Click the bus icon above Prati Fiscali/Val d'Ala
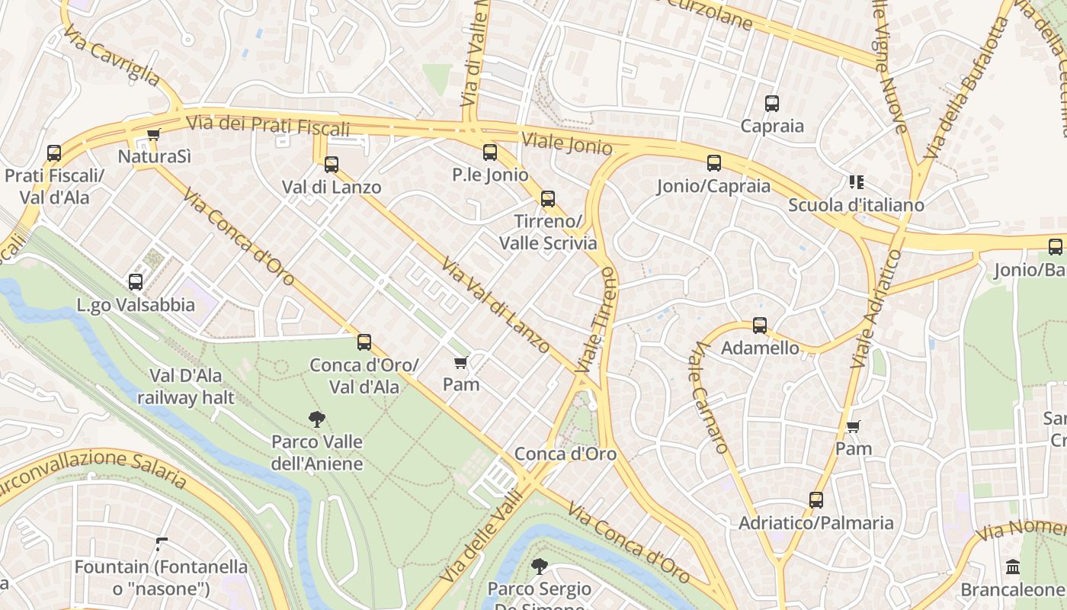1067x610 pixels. (53, 153)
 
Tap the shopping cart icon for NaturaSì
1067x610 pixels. (153, 135)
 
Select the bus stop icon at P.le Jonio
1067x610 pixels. (489, 152)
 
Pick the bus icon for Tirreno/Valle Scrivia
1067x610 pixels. (547, 200)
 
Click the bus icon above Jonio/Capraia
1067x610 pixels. (713, 163)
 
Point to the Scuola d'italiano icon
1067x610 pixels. (856, 182)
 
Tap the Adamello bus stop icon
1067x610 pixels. (759, 326)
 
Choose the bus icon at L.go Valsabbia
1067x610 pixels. (136, 282)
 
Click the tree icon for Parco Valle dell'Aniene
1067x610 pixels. (317, 419)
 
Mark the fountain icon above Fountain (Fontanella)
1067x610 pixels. (161, 544)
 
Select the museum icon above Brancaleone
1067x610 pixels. (1013, 567)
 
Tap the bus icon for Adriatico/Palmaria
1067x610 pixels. (815, 500)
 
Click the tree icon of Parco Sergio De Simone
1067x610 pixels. (539, 566)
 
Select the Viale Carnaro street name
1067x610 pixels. (710, 397)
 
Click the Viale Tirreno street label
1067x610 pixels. (596, 320)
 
